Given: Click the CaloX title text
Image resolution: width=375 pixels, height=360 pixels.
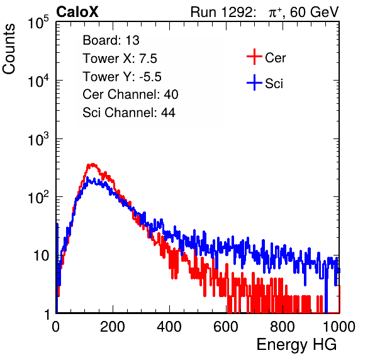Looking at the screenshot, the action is click(x=77, y=12).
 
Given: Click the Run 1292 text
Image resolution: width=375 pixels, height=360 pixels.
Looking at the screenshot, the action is click(x=221, y=12).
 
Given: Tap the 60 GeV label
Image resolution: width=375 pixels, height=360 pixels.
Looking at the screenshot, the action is click(x=314, y=12).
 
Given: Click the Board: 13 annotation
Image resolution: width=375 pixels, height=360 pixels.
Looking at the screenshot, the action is click(x=111, y=40).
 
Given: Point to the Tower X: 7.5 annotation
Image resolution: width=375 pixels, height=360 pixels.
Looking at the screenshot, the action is click(x=120, y=59).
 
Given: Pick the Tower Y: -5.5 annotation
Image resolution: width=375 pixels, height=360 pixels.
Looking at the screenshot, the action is click(x=122, y=77).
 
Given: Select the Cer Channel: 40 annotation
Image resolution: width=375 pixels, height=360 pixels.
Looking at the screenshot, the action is click(x=130, y=94).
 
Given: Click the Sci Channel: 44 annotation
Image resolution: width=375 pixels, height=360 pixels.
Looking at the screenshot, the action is click(x=129, y=113).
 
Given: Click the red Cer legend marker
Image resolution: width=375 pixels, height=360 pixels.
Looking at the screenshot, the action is click(x=254, y=57).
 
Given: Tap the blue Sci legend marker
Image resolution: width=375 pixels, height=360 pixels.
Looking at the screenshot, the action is click(x=254, y=82).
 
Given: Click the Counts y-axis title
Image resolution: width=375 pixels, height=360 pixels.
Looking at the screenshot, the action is click(x=9, y=49).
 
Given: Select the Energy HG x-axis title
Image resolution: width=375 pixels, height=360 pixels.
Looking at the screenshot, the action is click(x=296, y=345).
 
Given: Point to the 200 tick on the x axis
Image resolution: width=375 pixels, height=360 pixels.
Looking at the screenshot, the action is click(x=113, y=326).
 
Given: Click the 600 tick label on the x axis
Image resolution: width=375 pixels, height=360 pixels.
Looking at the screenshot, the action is click(x=226, y=326).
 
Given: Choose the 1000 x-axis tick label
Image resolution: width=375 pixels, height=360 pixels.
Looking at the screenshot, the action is click(x=339, y=326).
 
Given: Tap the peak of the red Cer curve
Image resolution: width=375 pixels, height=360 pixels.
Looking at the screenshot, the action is click(x=92, y=164).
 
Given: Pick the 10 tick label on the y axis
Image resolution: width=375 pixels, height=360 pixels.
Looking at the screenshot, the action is click(x=41, y=256).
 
